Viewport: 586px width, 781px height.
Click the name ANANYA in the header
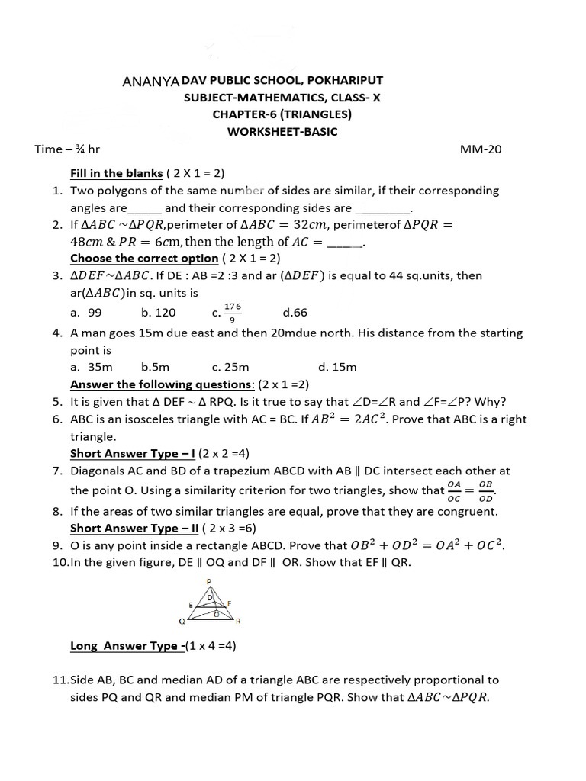[150, 81]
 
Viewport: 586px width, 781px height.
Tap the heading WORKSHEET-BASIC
[282, 131]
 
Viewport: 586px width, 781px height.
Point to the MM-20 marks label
[481, 149]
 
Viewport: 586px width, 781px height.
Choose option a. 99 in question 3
[86, 313]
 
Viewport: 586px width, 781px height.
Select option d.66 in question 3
[295, 313]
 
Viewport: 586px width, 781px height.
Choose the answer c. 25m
[231, 367]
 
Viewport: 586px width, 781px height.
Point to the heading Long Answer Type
[126, 646]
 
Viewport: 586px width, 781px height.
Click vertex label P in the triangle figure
[208, 581]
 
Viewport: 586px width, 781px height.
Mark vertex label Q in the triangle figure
[182, 621]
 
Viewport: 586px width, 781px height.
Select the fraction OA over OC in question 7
[455, 490]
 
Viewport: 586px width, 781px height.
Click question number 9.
[57, 545]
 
